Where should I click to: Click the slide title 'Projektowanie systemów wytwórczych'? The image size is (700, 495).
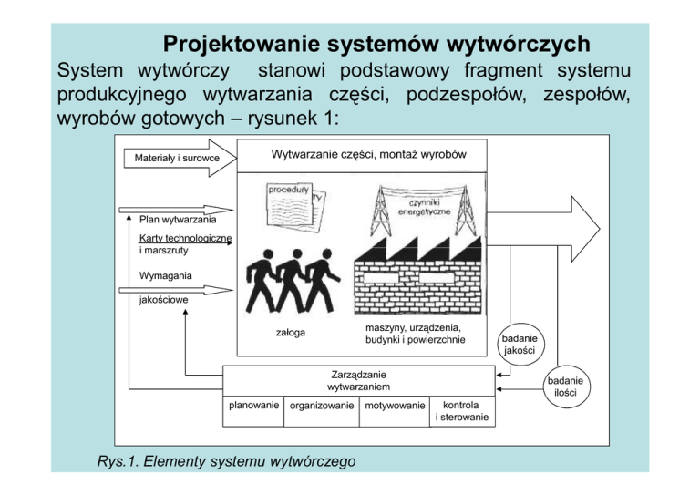click(x=375, y=44)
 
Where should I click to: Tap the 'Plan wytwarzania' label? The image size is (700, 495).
click(x=178, y=220)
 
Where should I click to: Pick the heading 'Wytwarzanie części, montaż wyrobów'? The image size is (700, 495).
click(x=369, y=154)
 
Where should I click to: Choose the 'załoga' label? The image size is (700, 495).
click(x=291, y=333)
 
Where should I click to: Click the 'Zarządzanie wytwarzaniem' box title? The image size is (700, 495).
click(x=358, y=380)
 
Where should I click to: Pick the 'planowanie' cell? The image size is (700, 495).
click(x=253, y=406)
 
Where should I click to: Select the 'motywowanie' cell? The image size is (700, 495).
click(x=394, y=407)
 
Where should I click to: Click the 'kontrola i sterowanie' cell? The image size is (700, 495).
click(x=463, y=411)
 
